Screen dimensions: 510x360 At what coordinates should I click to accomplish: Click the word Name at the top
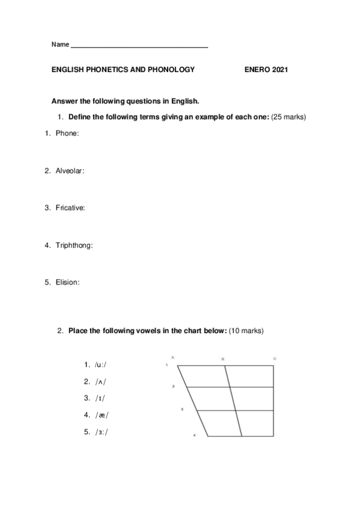(60, 45)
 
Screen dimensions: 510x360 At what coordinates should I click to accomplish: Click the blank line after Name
(139, 46)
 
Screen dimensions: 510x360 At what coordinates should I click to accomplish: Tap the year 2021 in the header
(280, 70)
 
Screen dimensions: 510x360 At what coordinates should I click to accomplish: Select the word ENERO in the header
(257, 70)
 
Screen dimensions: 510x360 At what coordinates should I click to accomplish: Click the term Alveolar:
(70, 171)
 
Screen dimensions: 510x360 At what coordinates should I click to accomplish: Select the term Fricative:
(70, 208)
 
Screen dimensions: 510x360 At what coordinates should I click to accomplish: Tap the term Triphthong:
(74, 245)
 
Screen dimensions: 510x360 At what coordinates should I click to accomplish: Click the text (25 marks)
(289, 117)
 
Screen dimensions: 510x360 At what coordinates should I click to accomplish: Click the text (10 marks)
(246, 331)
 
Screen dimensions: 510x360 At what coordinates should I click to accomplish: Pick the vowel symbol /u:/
(104, 364)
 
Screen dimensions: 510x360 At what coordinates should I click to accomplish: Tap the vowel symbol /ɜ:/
(104, 431)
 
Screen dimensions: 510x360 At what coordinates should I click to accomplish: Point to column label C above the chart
(275, 358)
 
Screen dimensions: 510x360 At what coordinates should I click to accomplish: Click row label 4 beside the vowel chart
(194, 435)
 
